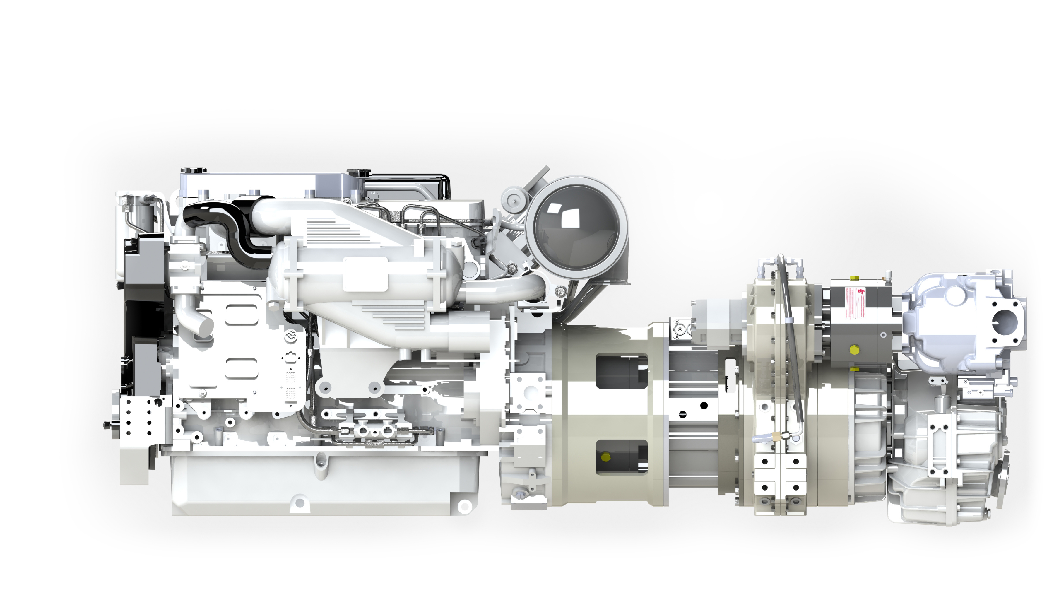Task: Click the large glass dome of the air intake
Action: click(576, 228)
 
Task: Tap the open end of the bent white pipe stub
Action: click(206, 326)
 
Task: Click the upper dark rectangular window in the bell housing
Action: click(621, 372)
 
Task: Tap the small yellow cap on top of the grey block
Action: click(854, 278)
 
